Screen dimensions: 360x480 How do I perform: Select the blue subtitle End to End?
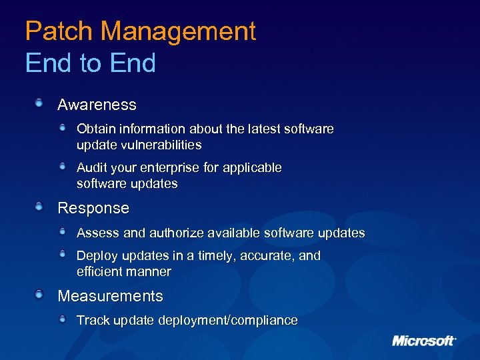(90, 63)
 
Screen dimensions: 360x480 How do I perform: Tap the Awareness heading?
(97, 105)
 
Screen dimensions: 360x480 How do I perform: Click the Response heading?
(93, 208)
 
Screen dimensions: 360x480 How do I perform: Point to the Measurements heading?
(110, 296)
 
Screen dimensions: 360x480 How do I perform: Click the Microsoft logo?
(423, 341)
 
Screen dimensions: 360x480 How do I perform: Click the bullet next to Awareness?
(40, 103)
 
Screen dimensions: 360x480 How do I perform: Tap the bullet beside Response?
(40, 207)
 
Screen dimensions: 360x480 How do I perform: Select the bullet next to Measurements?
(40, 295)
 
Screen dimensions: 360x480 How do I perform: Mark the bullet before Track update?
(63, 319)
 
